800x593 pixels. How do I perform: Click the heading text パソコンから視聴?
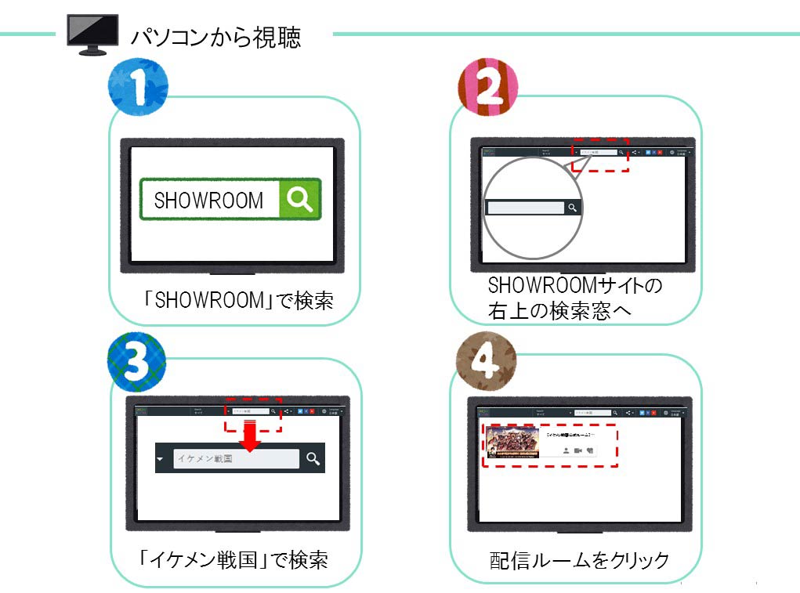tap(215, 37)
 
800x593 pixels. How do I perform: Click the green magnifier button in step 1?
tap(299, 199)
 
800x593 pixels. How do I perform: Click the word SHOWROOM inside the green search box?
tap(208, 201)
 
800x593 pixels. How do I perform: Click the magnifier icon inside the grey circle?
tap(573, 208)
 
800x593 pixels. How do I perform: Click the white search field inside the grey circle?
tap(525, 208)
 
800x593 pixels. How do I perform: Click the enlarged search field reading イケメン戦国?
tap(236, 459)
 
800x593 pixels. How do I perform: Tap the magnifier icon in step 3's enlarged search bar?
tap(313, 459)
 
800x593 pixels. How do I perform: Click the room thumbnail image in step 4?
tap(512, 442)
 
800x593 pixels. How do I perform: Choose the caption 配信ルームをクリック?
tap(579, 560)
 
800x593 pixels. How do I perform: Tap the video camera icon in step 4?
tap(577, 451)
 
